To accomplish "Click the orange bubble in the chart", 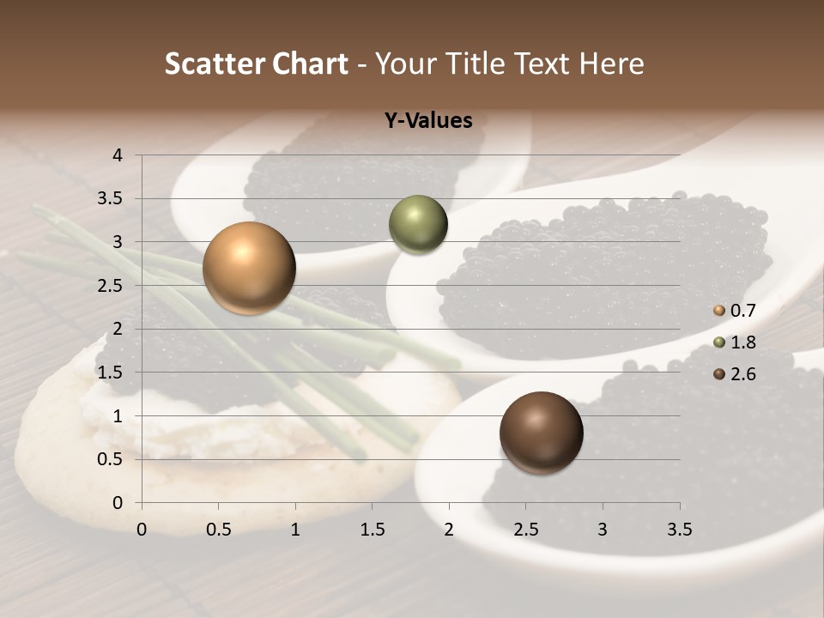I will click(249, 268).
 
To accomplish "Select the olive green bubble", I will click(418, 225).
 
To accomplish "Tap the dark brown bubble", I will click(541, 432).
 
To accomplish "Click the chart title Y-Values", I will click(427, 121).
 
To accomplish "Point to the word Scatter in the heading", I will click(215, 64).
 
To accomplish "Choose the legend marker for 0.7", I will click(719, 310).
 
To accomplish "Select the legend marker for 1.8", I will click(719, 342).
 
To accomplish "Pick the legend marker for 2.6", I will click(719, 374).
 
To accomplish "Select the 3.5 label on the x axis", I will click(679, 530).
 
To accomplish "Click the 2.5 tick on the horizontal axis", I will click(525, 530).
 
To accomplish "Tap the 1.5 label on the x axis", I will click(372, 530).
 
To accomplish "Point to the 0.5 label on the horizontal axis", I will click(218, 530).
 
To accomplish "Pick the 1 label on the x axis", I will click(295, 530).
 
